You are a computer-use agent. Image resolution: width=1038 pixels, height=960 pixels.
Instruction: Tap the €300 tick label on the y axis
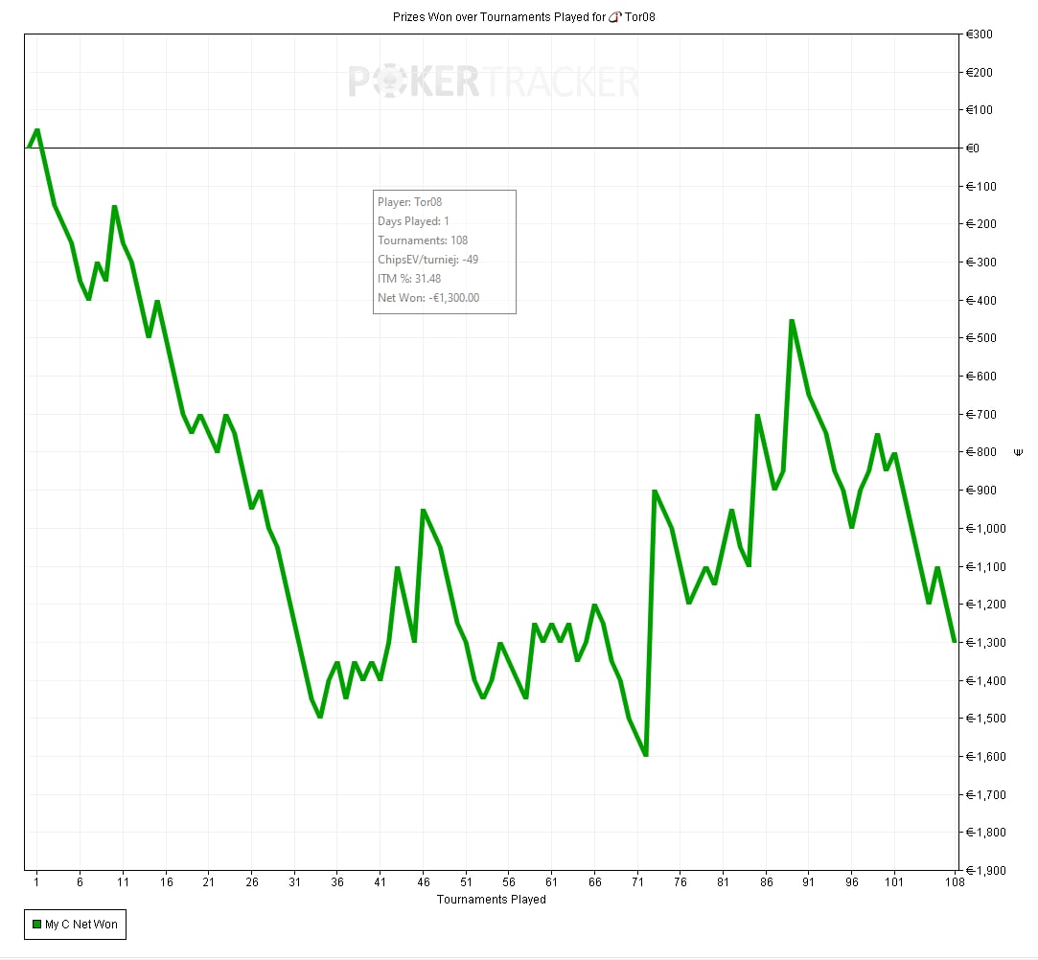pyautogui.click(x=979, y=34)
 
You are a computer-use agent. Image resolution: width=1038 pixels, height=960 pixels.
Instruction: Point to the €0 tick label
pyautogui.click(x=972, y=149)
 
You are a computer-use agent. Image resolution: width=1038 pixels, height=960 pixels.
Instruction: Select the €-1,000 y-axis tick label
pyautogui.click(x=984, y=529)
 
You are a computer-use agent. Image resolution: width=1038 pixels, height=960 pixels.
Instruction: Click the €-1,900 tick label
pyautogui.click(x=984, y=871)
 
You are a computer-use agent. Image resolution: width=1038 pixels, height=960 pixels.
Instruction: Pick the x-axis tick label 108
pyautogui.click(x=954, y=881)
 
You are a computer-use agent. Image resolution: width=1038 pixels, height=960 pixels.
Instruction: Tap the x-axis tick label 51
pyautogui.click(x=466, y=881)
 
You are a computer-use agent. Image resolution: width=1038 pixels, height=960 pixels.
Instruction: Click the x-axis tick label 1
pyautogui.click(x=36, y=881)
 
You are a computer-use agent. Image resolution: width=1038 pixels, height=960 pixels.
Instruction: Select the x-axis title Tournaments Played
pyautogui.click(x=491, y=900)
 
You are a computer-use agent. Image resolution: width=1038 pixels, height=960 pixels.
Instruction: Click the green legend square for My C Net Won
pyautogui.click(x=36, y=925)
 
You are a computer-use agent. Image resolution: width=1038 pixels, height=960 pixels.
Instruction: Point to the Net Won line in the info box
pyautogui.click(x=427, y=298)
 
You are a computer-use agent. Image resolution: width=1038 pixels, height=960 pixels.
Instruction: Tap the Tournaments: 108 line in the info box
pyautogui.click(x=423, y=240)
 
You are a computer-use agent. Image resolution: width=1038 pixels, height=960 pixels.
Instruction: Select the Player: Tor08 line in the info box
pyautogui.click(x=409, y=202)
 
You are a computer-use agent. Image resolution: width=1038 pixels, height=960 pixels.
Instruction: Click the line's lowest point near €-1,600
pyautogui.click(x=646, y=755)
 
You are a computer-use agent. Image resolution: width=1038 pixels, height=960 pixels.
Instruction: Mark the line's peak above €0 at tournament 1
pyautogui.click(x=36, y=129)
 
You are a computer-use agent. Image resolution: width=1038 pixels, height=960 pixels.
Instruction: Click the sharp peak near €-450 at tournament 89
pyautogui.click(x=792, y=321)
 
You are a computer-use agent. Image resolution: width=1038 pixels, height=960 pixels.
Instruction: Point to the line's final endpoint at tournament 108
pyautogui.click(x=955, y=641)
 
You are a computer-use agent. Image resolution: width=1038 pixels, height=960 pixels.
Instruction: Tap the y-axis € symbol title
pyautogui.click(x=1017, y=451)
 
